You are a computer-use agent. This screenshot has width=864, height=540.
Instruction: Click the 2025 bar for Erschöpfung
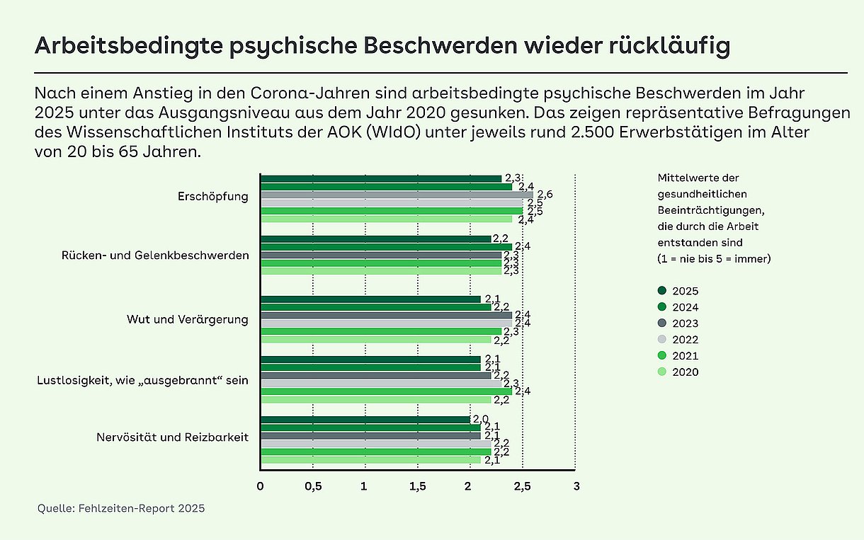(x=381, y=179)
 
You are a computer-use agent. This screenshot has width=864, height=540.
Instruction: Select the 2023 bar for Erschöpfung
(x=397, y=195)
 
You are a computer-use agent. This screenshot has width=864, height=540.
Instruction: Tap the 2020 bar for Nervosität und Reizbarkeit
(x=371, y=460)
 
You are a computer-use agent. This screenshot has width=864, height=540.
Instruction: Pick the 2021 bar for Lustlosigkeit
(x=387, y=391)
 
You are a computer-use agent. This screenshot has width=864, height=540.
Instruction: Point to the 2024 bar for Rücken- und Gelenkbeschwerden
(x=387, y=247)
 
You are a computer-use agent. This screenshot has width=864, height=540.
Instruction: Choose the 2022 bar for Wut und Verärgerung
(x=387, y=323)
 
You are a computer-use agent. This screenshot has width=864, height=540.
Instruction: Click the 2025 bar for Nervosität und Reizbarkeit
(x=365, y=420)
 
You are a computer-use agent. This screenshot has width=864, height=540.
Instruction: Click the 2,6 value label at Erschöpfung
(x=545, y=195)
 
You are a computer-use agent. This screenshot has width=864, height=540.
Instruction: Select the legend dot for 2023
(x=662, y=323)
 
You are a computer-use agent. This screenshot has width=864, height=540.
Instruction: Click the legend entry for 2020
(x=678, y=372)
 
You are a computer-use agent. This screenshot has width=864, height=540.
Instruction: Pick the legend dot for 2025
(x=662, y=291)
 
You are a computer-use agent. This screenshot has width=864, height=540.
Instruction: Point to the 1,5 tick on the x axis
(x=418, y=486)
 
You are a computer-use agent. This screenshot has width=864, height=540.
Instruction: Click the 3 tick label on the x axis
(x=576, y=486)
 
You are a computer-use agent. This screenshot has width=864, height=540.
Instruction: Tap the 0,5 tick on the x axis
(x=313, y=486)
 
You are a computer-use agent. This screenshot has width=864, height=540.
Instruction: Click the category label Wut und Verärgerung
(x=188, y=319)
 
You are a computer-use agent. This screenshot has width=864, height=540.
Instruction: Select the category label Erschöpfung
(x=213, y=196)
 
